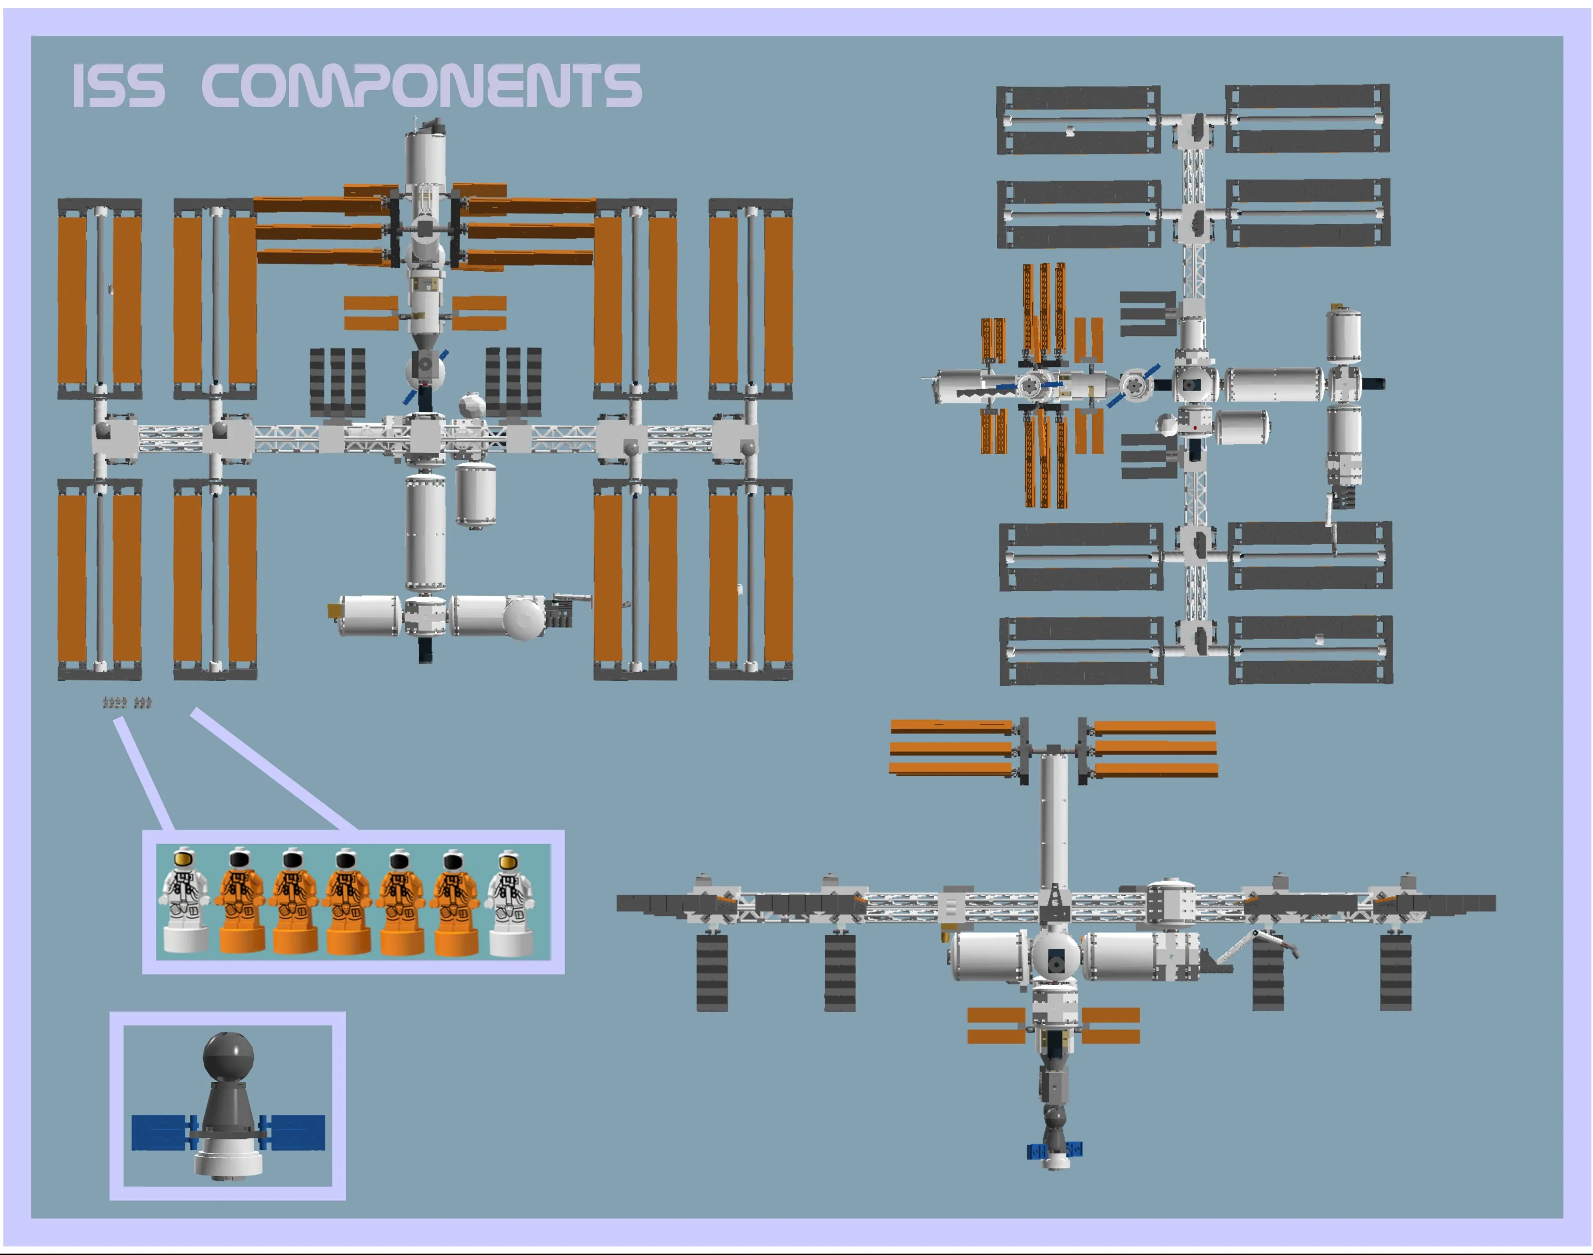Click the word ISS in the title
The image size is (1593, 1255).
click(117, 86)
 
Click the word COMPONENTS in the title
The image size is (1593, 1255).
click(421, 85)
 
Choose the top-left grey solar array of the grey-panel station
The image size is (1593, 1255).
click(1078, 120)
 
